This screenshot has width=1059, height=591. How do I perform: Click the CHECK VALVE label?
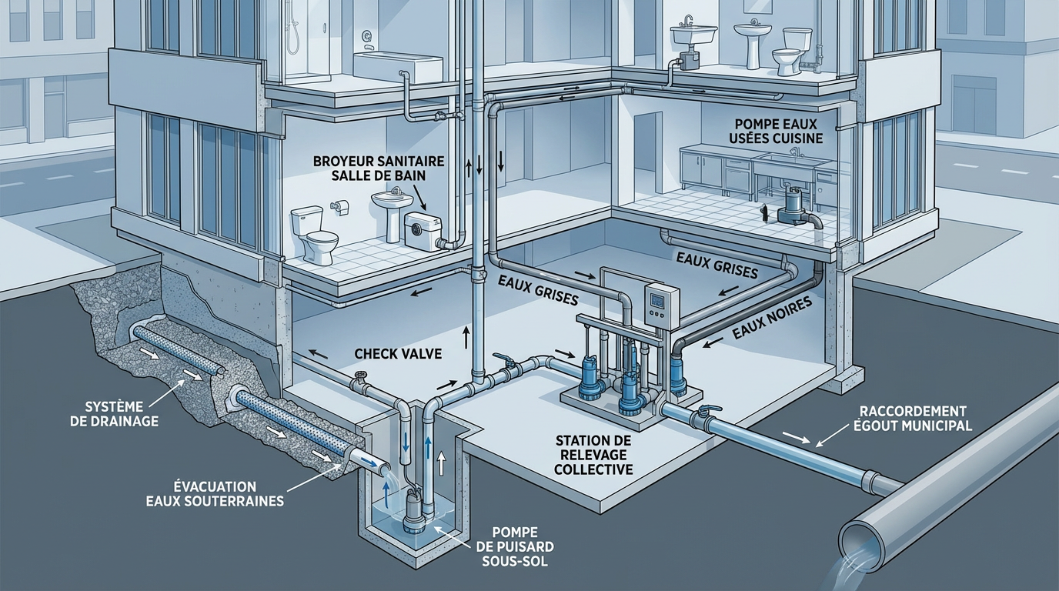398,353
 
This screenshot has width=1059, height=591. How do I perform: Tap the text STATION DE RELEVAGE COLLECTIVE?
593,454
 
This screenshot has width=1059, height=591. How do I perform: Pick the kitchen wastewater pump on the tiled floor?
793,209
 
